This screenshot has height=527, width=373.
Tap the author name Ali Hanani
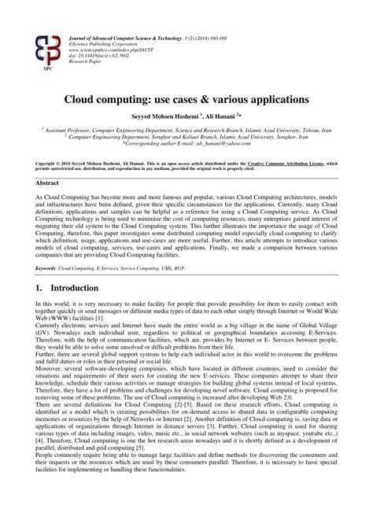tap(228, 116)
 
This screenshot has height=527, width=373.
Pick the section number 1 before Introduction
tap(39, 266)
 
